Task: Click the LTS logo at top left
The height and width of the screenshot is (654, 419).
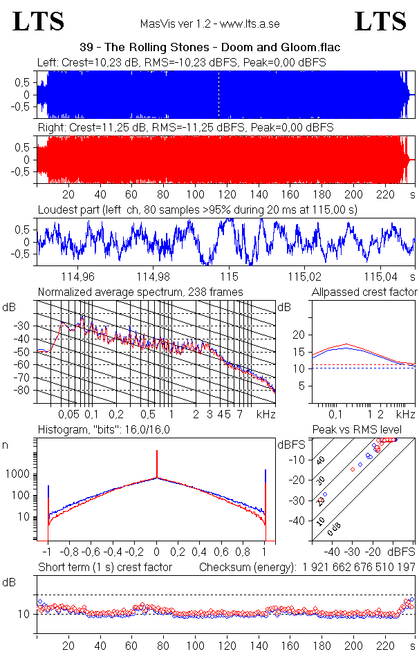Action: point(39,21)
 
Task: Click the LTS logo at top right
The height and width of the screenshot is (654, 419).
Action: point(380,21)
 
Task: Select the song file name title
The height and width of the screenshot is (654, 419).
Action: point(209,47)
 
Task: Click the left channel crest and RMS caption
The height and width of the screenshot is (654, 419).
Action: point(182,63)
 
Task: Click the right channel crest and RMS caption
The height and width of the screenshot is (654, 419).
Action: point(185,128)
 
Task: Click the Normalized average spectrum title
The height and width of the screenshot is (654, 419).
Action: point(140,292)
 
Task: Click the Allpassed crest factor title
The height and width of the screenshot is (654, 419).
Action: point(364,292)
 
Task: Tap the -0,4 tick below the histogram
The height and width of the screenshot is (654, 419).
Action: point(113,552)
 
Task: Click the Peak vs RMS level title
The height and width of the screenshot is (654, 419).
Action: point(366,430)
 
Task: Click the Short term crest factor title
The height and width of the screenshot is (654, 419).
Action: point(104,568)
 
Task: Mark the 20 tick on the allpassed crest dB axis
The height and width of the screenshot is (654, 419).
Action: point(299,335)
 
